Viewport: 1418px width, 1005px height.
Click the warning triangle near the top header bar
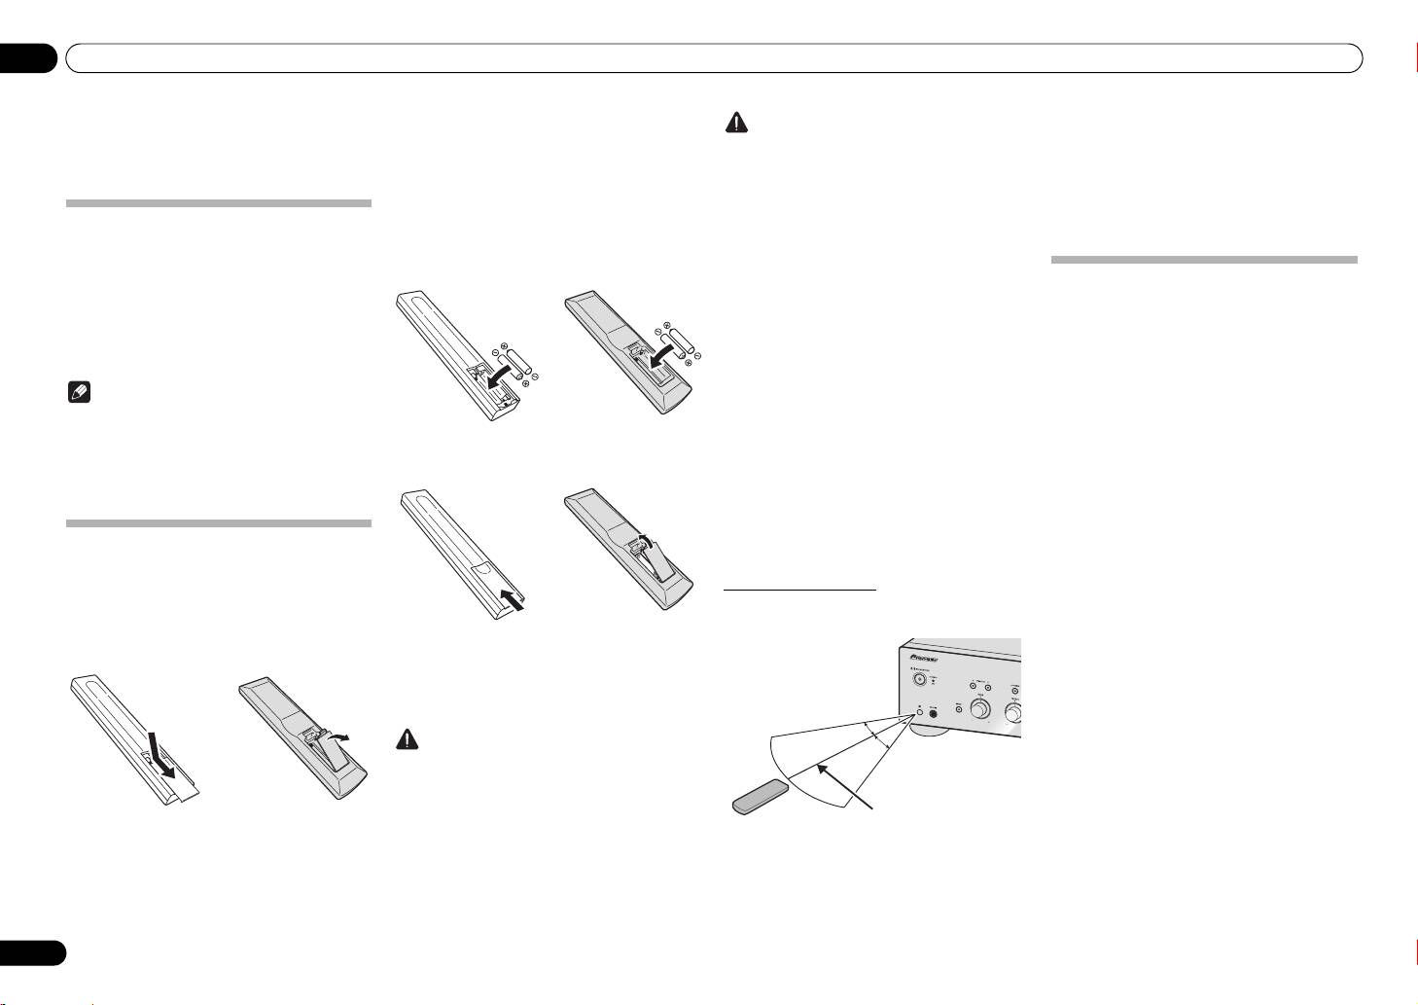[x=738, y=123]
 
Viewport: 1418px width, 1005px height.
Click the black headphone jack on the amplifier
[x=935, y=711]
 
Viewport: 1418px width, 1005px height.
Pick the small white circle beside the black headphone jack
[x=917, y=711]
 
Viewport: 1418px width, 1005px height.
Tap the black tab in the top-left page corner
[x=30, y=58]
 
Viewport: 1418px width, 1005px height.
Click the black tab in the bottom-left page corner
[x=32, y=951]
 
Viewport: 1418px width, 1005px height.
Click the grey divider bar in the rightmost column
[x=1204, y=260]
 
